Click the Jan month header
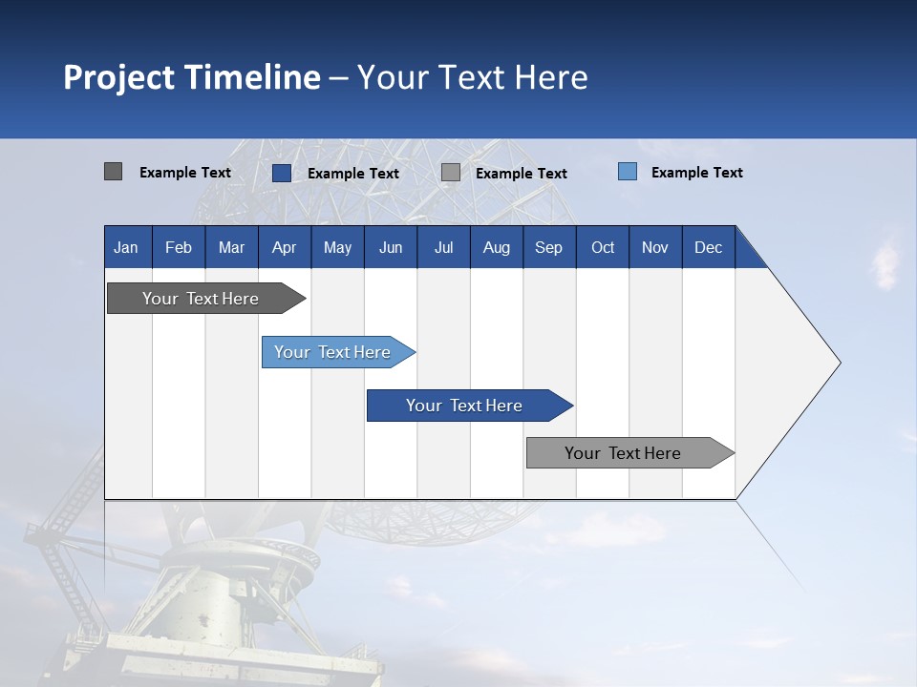click(126, 247)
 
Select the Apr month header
click(284, 247)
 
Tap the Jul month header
click(443, 247)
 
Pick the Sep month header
click(548, 247)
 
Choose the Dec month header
click(708, 247)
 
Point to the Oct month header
click(603, 247)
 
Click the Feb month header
click(179, 247)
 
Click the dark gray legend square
click(113, 172)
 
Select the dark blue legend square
click(282, 173)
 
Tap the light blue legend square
click(628, 172)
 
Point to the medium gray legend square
click(451, 173)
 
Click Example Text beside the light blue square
click(696, 173)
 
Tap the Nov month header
click(655, 247)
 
